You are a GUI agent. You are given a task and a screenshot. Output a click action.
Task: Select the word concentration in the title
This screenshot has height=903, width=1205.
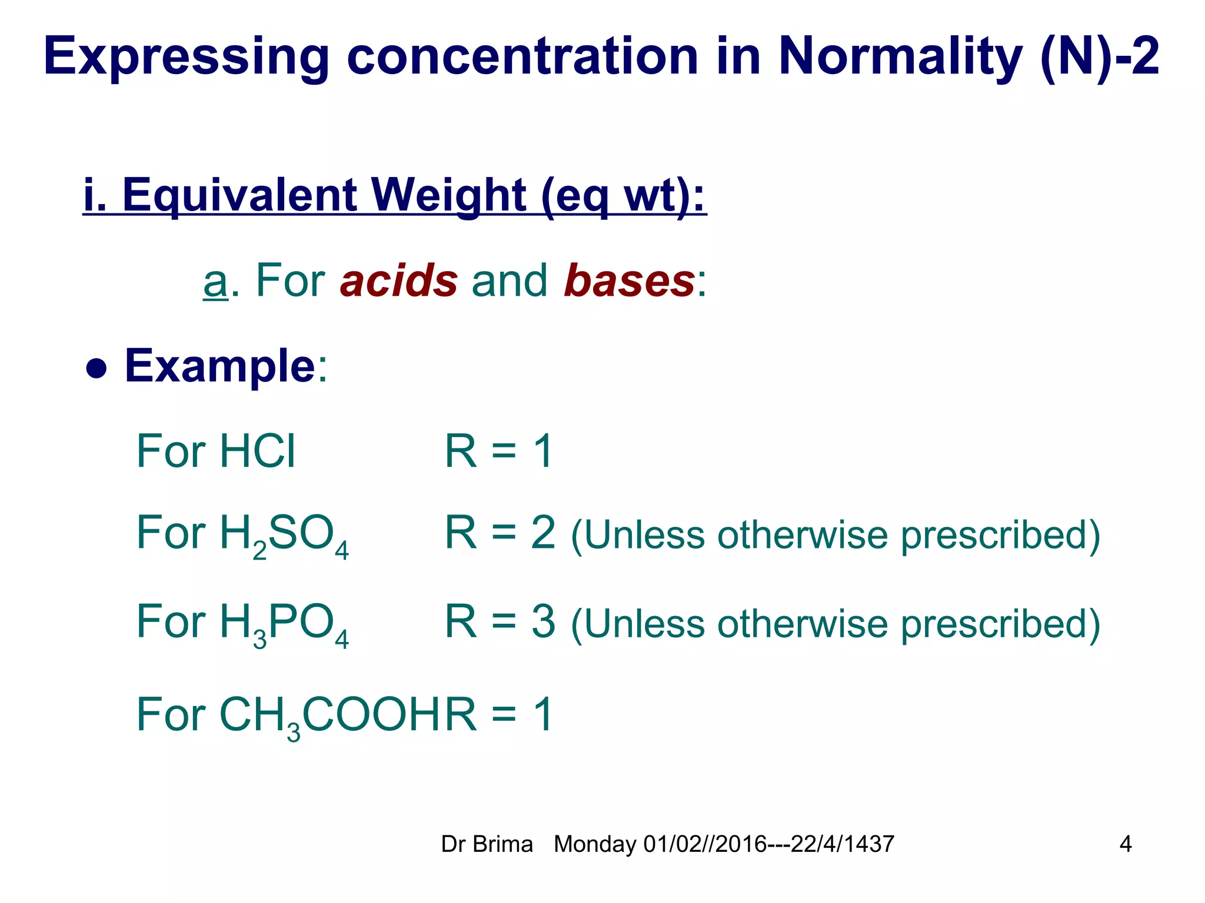[522, 57]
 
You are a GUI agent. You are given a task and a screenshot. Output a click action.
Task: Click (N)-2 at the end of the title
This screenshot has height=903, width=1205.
[1099, 57]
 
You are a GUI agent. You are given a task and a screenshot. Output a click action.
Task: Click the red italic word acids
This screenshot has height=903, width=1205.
[399, 280]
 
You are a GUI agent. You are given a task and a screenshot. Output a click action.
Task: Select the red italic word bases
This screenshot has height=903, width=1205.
[629, 280]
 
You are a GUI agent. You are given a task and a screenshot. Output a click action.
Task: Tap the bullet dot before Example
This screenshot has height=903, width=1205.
[96, 369]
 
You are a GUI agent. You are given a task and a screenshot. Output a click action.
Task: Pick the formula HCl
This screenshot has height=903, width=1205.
[257, 451]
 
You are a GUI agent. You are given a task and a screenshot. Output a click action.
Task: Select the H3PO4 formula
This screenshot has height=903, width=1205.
[284, 623]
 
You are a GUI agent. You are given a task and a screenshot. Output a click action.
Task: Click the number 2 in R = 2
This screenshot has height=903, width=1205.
[542, 533]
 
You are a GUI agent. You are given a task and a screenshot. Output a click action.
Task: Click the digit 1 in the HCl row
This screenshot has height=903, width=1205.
[542, 451]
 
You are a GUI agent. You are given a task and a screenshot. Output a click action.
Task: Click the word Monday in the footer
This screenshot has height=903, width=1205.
[595, 844]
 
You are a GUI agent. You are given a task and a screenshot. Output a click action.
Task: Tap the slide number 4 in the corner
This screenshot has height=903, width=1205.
[1125, 844]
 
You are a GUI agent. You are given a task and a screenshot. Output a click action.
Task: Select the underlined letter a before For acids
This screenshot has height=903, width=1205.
[215, 282]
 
